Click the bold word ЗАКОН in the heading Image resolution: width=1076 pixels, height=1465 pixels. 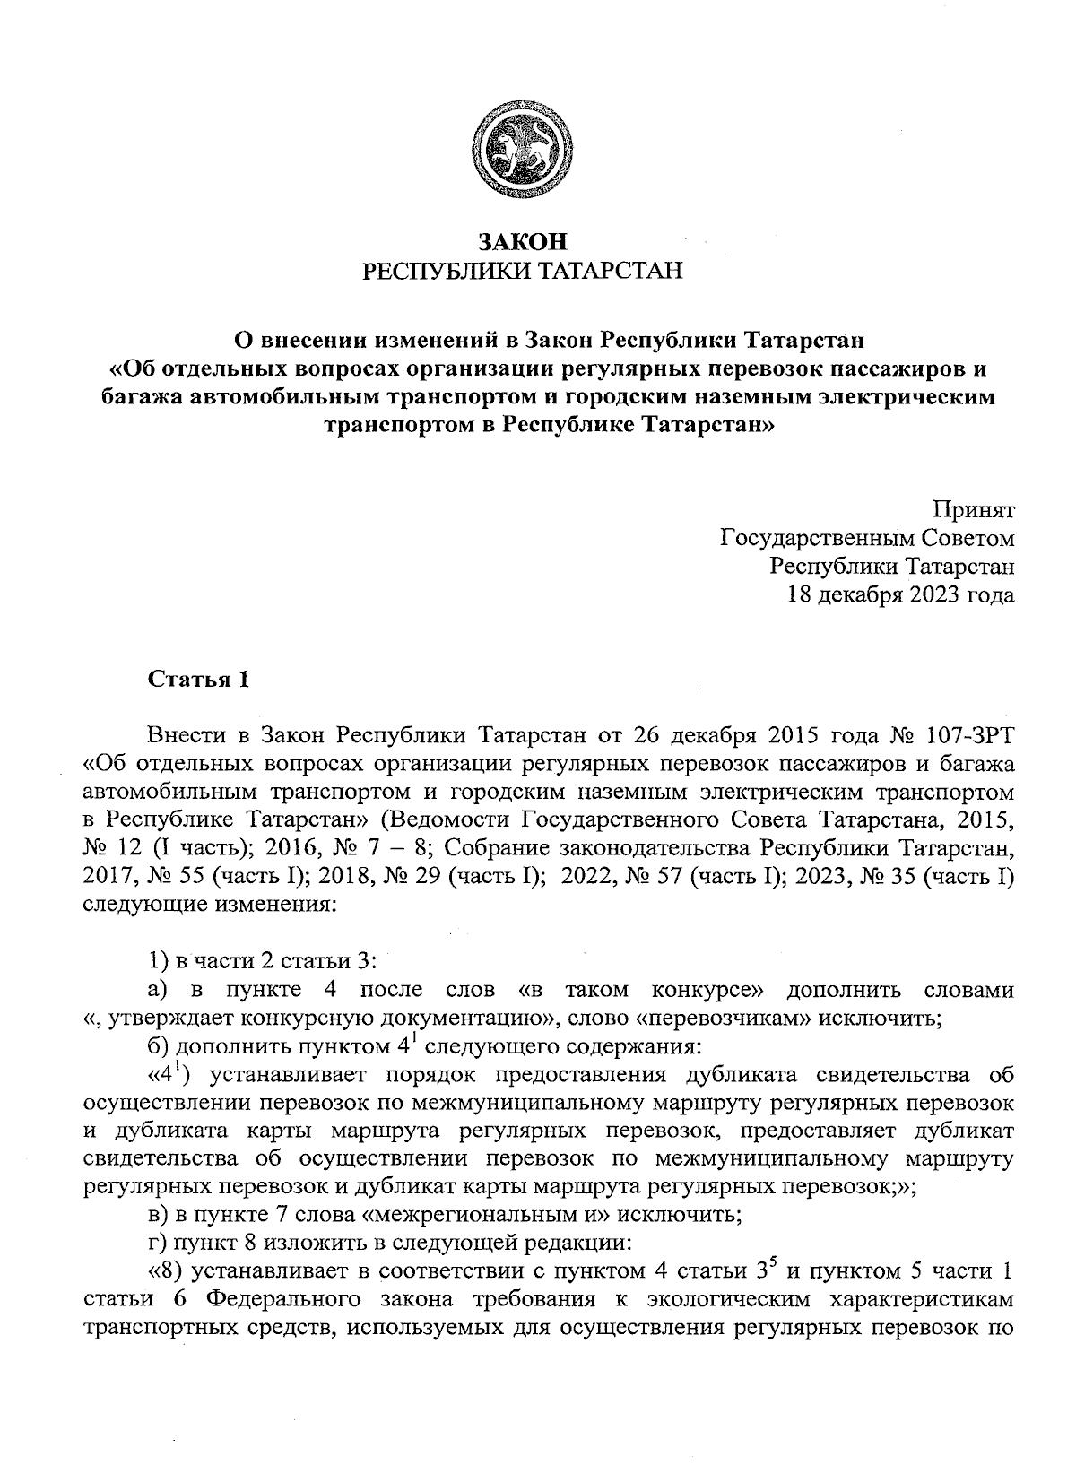tap(523, 242)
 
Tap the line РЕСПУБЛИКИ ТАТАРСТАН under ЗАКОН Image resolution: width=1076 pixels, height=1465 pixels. tap(523, 270)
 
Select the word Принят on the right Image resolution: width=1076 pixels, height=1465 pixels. tap(974, 511)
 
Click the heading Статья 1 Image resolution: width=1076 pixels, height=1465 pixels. tap(197, 679)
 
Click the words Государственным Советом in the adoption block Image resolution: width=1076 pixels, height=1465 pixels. tap(867, 539)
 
